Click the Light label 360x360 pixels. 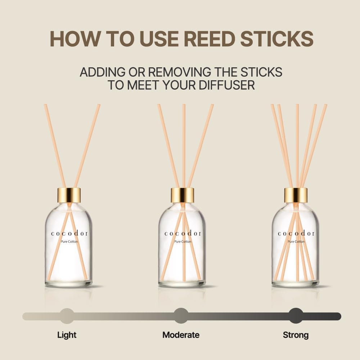67,335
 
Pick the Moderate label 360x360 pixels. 181,335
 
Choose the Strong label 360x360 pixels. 296,335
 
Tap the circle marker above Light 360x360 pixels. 67,316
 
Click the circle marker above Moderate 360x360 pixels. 181,316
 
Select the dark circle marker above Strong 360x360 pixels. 296,316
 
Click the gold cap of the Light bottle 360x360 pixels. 69,195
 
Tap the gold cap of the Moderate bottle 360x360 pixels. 183,195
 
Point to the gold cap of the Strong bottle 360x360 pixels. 296,195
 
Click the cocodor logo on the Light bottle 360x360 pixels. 69,234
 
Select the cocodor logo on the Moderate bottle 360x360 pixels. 183,234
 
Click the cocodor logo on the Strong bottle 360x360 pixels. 296,234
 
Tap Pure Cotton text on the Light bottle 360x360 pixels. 69,242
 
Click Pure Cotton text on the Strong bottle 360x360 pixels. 296,242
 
